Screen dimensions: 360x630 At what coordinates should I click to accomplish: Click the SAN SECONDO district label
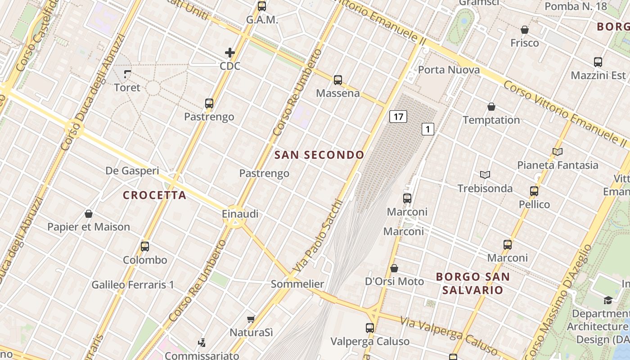click(x=319, y=155)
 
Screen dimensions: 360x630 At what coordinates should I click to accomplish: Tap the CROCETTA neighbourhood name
click(x=154, y=195)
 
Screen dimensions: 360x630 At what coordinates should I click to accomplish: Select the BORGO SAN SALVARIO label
click(x=472, y=283)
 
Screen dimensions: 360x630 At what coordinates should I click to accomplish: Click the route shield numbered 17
click(x=398, y=117)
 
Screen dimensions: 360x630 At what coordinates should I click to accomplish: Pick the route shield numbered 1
click(x=427, y=130)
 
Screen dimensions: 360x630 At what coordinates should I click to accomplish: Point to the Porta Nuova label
click(x=449, y=70)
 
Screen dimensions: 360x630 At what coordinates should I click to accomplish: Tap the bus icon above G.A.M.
click(x=262, y=6)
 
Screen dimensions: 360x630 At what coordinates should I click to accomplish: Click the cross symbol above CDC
click(x=230, y=53)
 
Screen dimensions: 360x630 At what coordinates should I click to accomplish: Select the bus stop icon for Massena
click(x=338, y=80)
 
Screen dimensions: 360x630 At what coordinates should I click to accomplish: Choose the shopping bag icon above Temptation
click(x=491, y=107)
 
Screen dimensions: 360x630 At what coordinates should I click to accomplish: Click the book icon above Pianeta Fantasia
click(x=558, y=152)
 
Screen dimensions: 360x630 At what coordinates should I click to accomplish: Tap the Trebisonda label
click(x=485, y=188)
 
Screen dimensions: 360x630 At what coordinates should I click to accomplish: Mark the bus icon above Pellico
click(x=534, y=191)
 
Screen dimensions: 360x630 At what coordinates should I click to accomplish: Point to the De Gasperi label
click(x=132, y=171)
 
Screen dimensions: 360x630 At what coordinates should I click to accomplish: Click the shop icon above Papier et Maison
click(x=89, y=213)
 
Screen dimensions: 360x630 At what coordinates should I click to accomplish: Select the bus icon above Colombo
click(x=145, y=247)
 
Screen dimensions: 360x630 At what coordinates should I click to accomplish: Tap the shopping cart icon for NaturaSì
click(x=251, y=319)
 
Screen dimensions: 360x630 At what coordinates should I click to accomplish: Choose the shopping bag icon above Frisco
click(x=524, y=30)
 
